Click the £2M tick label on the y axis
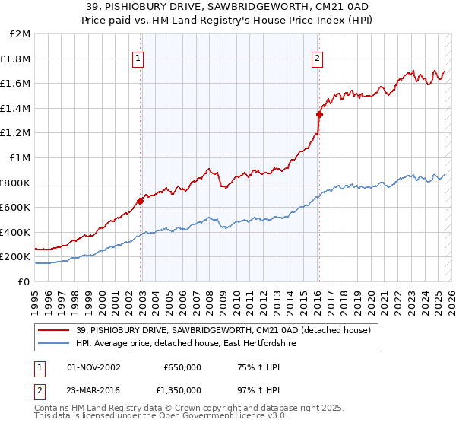21,34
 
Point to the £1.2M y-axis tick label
16,133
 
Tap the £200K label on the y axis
16,257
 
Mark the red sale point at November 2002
141,202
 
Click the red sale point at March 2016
319,115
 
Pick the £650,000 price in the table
182,367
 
